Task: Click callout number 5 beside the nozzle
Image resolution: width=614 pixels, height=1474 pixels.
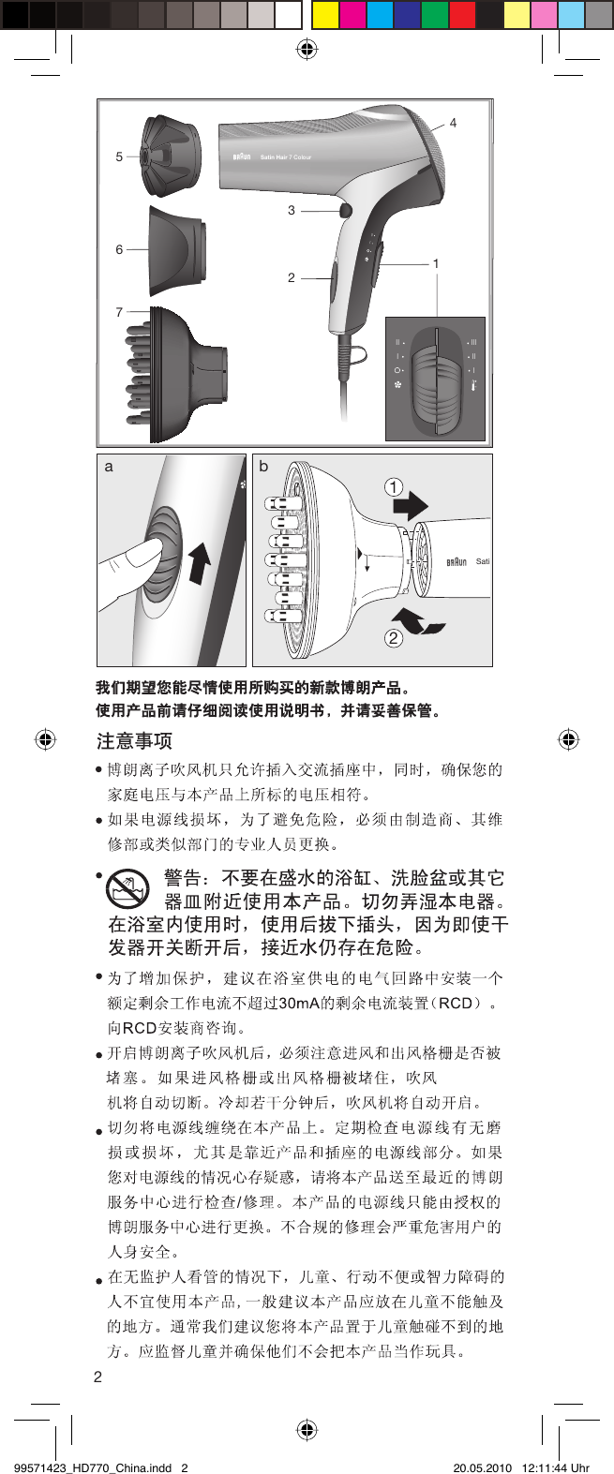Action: pos(119,156)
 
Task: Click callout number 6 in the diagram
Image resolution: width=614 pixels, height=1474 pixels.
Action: pos(119,249)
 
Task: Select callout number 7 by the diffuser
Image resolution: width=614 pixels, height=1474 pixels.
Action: pos(119,312)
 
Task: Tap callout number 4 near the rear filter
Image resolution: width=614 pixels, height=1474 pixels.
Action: pos(454,123)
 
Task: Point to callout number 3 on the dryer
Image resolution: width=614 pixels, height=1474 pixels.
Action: pos(292,211)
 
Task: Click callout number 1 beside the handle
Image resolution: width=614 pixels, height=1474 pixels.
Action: pos(436,263)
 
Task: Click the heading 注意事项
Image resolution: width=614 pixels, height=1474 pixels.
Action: pos(134,741)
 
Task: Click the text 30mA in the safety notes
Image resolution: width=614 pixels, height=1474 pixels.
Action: pos(299,1003)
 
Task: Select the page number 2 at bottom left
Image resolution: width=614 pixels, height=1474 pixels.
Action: pos(97,1377)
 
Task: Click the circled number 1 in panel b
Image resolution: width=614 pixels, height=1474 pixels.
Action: pos(394,486)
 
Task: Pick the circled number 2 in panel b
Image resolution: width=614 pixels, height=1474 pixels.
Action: pos(394,638)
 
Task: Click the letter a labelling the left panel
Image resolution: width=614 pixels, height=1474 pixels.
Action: pos(109,466)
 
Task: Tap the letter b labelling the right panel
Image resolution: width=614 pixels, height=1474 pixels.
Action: pos(263,466)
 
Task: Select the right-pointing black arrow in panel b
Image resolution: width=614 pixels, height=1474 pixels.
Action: pos(411,507)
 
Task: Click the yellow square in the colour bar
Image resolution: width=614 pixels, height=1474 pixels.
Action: pos(325,15)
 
